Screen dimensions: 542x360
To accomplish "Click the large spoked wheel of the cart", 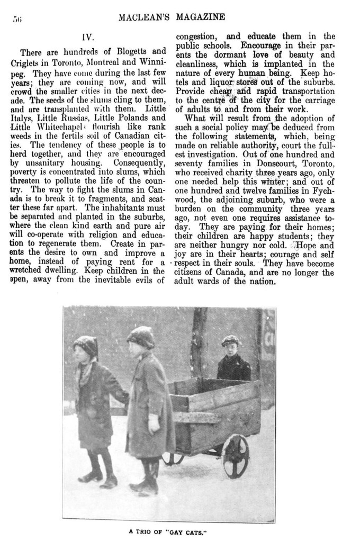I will [235, 455].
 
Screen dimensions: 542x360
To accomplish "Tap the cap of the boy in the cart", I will [231, 340].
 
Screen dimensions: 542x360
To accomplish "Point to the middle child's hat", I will [140, 336].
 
